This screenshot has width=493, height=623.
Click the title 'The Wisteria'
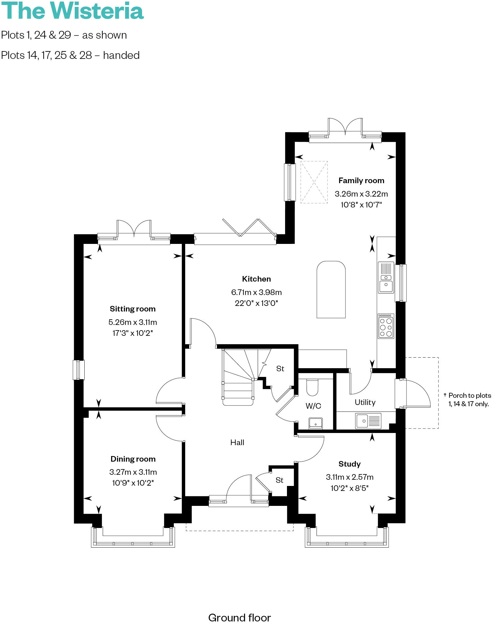point(72,11)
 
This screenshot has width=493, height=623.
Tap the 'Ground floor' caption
point(239,617)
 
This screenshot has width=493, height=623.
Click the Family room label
point(361,181)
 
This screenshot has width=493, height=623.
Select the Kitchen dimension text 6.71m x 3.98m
point(256,292)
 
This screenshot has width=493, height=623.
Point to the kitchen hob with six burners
point(386,326)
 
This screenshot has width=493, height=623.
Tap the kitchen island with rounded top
point(331,290)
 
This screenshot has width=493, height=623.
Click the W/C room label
point(313,406)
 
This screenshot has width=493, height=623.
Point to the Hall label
point(237,442)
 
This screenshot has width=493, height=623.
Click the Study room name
point(349,464)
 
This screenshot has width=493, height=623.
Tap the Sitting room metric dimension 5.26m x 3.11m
point(133,322)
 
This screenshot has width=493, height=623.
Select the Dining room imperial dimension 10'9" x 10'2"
point(133,483)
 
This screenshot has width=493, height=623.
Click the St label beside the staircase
point(280,369)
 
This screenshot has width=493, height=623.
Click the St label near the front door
point(279,480)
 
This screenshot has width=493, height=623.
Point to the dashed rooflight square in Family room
point(314,182)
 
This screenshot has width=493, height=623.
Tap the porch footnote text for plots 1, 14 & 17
point(468,400)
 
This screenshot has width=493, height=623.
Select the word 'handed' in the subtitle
point(121,55)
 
